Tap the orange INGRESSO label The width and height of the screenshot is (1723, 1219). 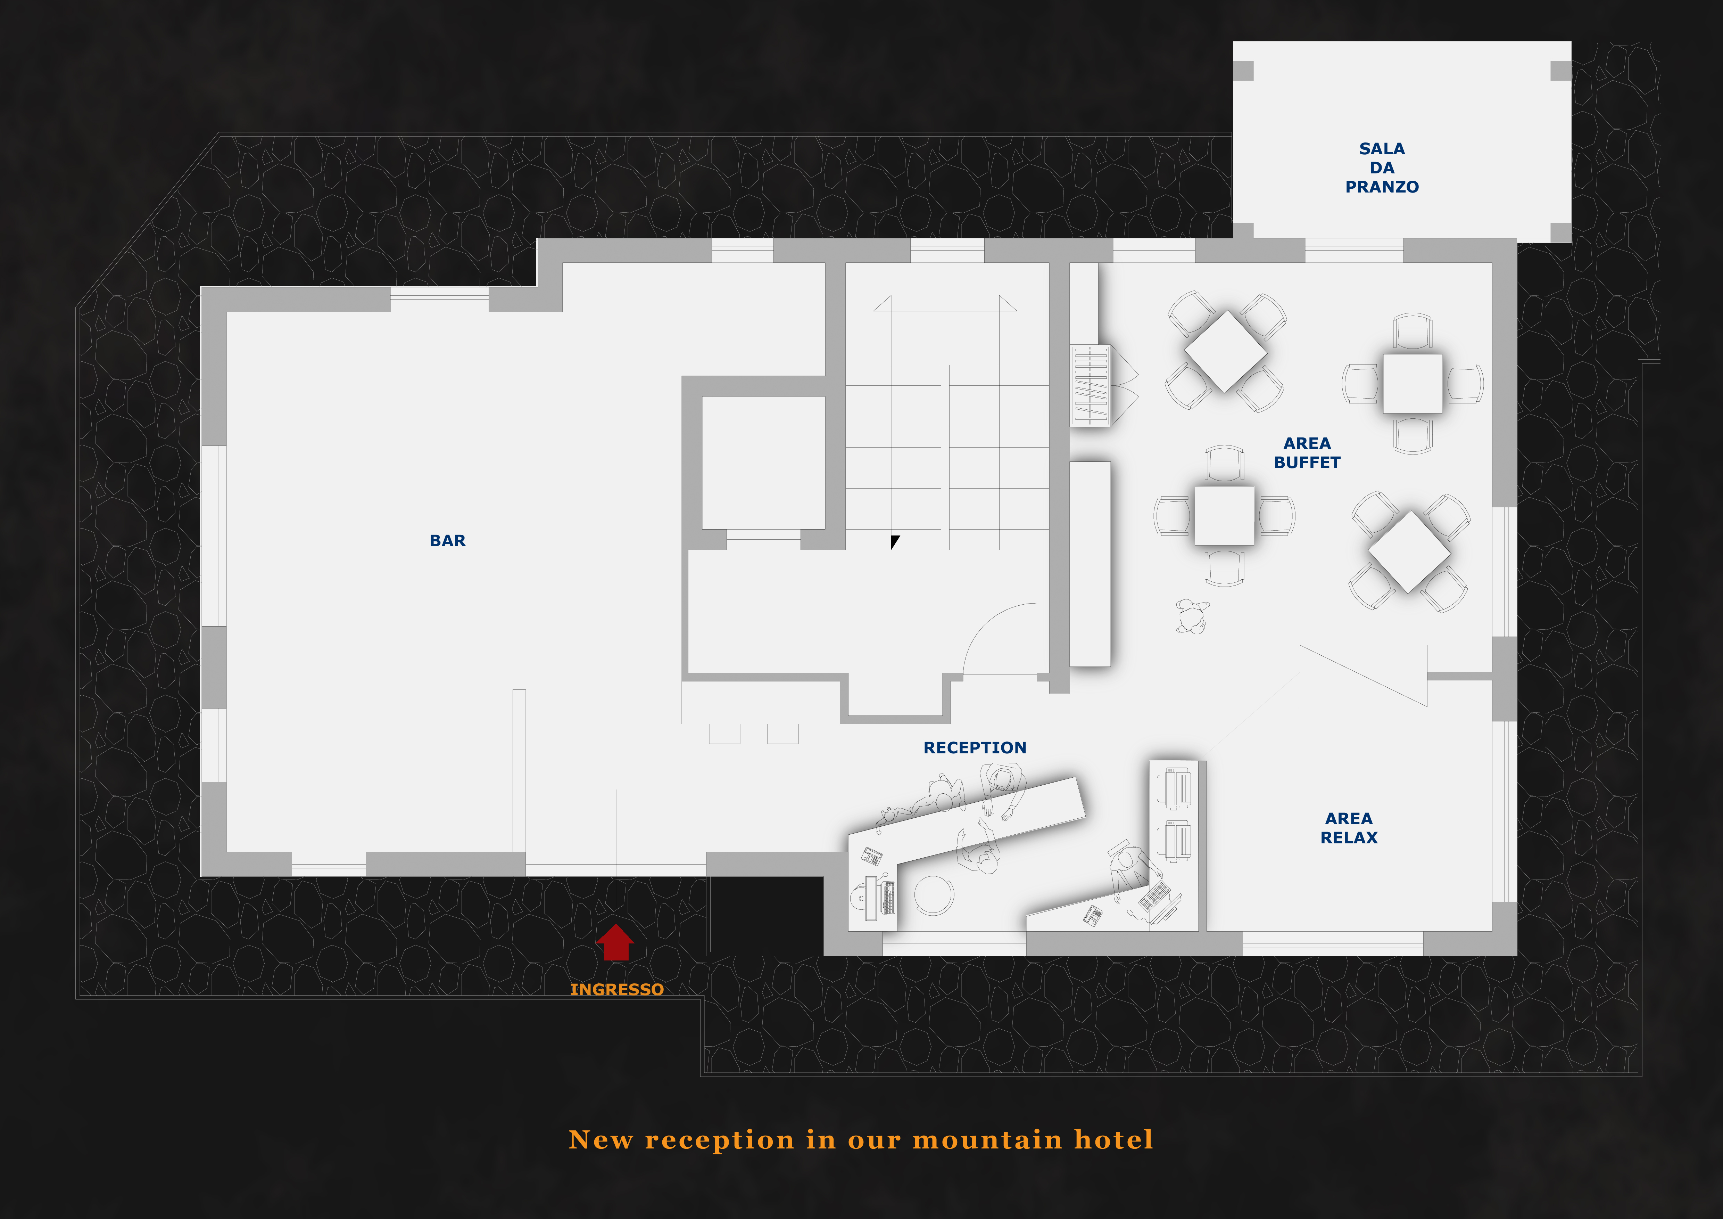617,989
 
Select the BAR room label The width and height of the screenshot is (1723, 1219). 447,540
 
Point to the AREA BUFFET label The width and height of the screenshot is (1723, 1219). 1307,453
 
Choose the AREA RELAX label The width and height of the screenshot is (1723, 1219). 1349,828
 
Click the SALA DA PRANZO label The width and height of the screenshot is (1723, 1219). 1382,167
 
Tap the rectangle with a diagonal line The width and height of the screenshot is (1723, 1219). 1363,676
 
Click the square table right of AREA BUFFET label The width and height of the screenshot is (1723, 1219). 1412,384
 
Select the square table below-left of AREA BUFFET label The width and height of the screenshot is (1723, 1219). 1224,516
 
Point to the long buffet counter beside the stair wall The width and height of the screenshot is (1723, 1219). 1090,563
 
